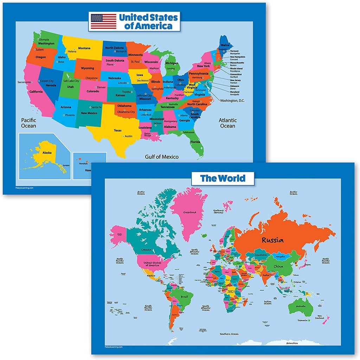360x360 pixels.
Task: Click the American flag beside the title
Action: [104, 21]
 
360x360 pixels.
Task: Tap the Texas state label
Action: [117, 130]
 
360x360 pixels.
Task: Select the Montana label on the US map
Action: [84, 48]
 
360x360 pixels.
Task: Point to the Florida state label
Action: [195, 142]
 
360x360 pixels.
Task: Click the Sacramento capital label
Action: [24, 82]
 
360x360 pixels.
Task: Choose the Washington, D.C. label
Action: [232, 101]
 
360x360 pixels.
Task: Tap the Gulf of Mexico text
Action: [162, 157]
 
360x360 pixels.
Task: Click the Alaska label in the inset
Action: [47, 153]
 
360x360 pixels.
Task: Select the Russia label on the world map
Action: [272, 240]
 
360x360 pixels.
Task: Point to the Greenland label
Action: [189, 212]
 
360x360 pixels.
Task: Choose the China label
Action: [278, 266]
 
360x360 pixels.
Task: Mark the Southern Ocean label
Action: [230, 334]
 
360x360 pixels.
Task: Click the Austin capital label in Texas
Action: [129, 136]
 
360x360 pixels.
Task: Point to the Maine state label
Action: [225, 45]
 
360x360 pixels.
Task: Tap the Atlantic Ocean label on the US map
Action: [227, 123]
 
